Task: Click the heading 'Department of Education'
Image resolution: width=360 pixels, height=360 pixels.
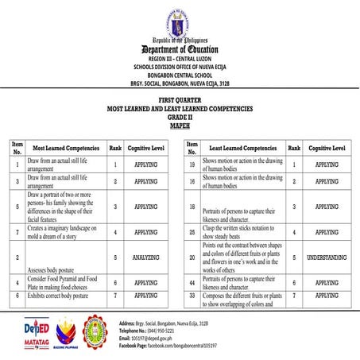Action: pyautogui.click(x=180, y=50)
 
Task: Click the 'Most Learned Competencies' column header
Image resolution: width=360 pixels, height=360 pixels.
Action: pyautogui.click(x=66, y=148)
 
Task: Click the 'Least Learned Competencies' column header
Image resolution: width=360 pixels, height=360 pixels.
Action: pyautogui.click(x=242, y=148)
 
